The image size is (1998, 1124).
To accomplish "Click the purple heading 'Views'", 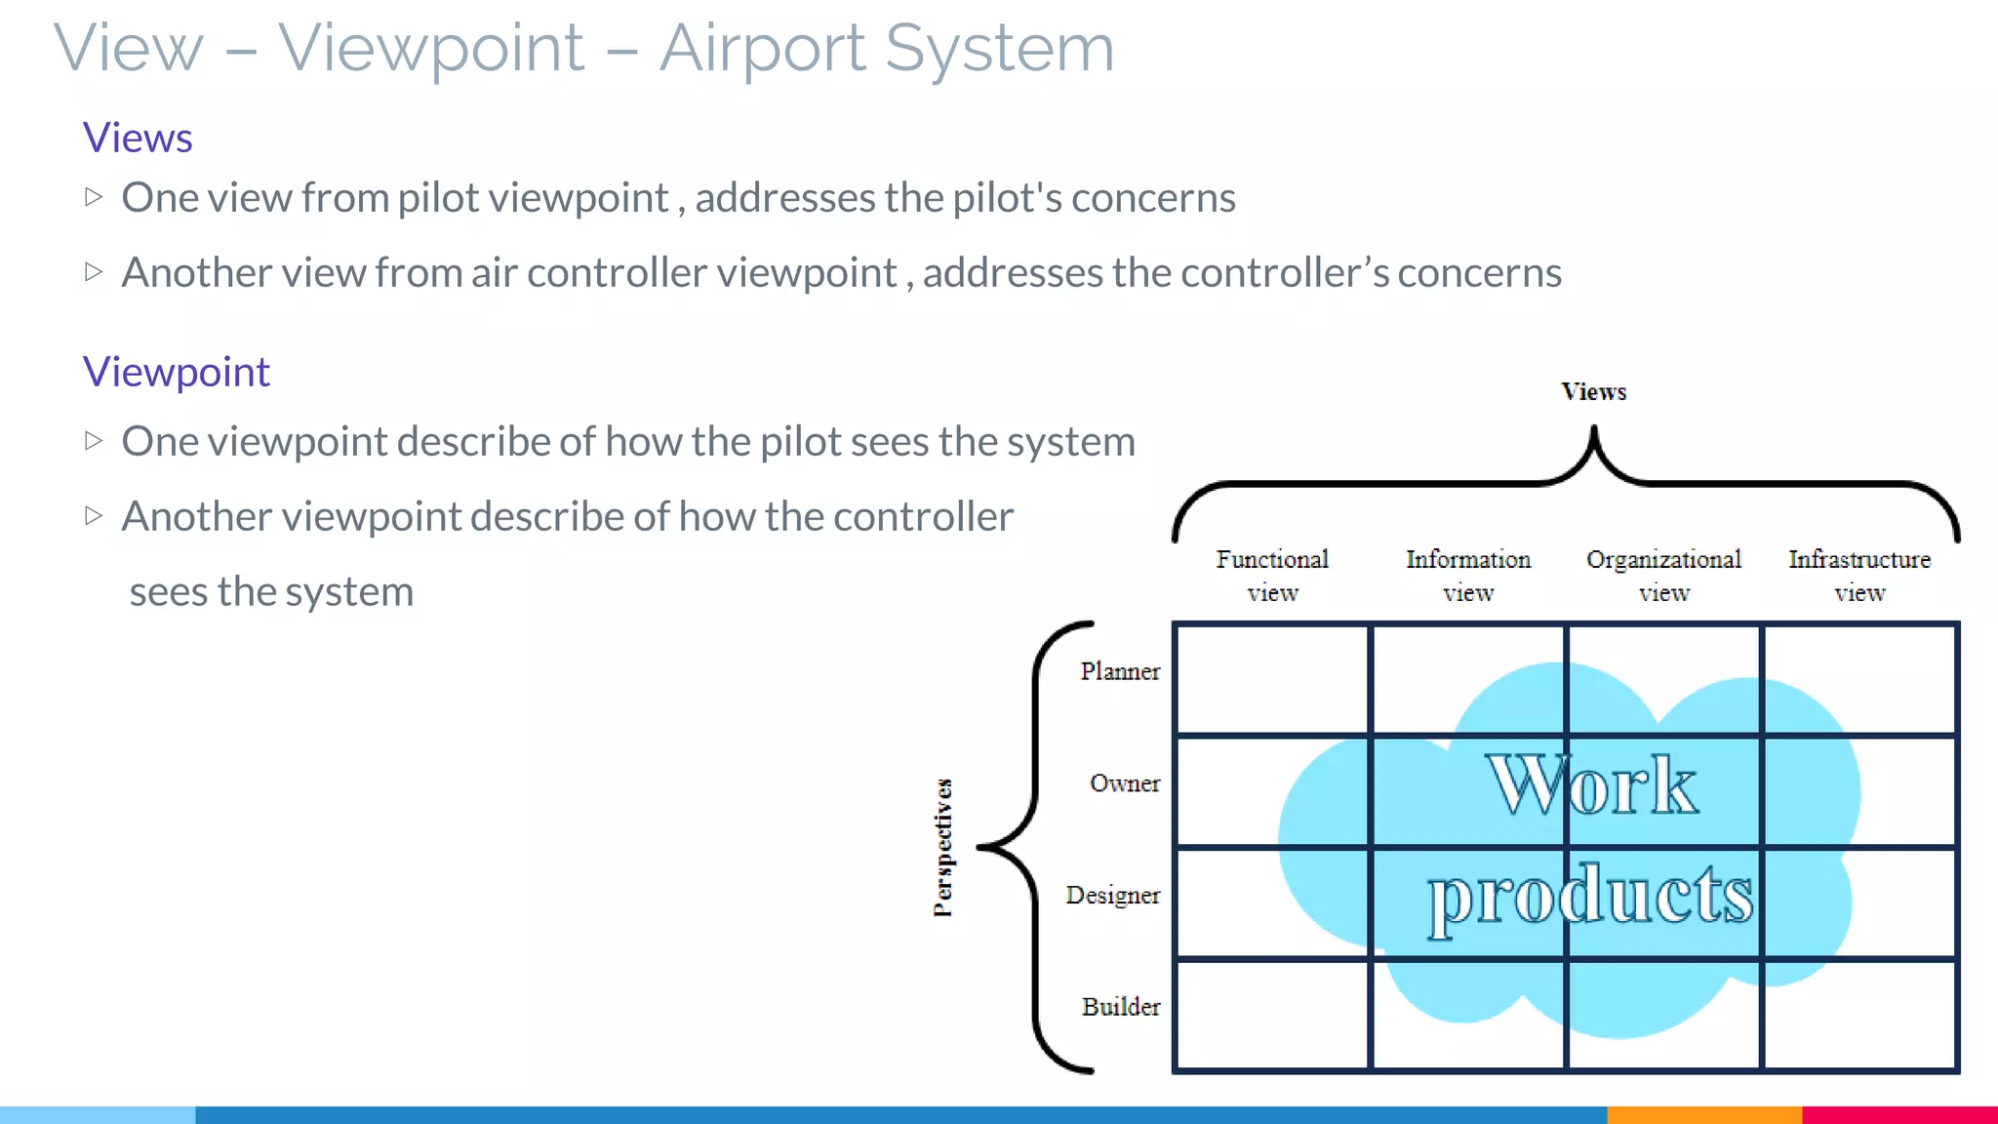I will pos(138,138).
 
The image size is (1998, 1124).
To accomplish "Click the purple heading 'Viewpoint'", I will pos(176,372).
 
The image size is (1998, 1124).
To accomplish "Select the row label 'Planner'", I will pos(1120,671).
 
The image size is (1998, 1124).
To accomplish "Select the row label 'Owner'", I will pos(1125,783).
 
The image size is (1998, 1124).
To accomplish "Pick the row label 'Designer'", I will pos(1112,895).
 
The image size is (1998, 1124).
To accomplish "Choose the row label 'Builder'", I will pos(1121,1007).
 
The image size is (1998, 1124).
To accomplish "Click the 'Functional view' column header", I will pos(1272,576).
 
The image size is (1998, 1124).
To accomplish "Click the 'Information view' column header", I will pos(1468,576).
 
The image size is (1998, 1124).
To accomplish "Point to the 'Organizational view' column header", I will pos(1663,576).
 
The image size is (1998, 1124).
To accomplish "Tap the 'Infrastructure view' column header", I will pos(1859,576).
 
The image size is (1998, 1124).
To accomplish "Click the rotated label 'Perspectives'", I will pos(942,847).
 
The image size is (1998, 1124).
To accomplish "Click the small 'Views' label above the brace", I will pos(1593,392).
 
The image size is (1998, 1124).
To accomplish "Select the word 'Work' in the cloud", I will pos(1592,785).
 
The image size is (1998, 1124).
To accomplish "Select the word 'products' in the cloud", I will pos(1590,896).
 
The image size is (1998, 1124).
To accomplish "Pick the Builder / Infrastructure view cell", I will pos(1859,1015).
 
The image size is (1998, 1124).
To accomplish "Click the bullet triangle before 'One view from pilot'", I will pos(94,197).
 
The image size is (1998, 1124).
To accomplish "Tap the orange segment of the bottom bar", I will pos(1703,1114).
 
